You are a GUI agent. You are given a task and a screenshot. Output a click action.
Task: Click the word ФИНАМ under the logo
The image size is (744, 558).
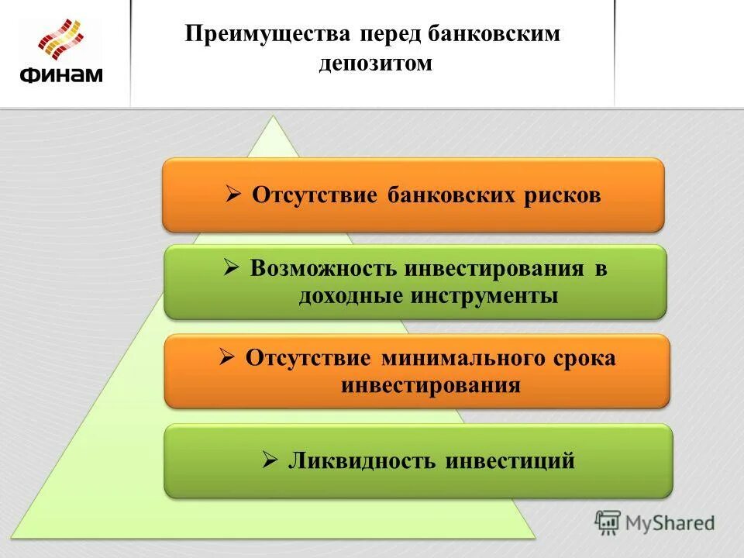pos(60,74)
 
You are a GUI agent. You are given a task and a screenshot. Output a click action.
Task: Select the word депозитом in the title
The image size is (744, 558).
pos(375,63)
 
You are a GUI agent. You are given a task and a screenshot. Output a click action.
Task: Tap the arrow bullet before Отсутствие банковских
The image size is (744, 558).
pos(233,195)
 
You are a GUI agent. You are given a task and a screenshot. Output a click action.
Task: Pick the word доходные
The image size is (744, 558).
pos(348,295)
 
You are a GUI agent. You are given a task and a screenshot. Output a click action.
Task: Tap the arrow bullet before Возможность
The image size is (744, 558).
pos(231,269)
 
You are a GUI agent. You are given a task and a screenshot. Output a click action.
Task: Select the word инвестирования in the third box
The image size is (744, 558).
pos(430,384)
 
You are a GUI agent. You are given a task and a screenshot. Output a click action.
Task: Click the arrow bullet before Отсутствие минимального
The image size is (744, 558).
pos(226,358)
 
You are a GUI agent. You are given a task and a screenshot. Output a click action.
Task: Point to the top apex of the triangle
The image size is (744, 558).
pos(274,117)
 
